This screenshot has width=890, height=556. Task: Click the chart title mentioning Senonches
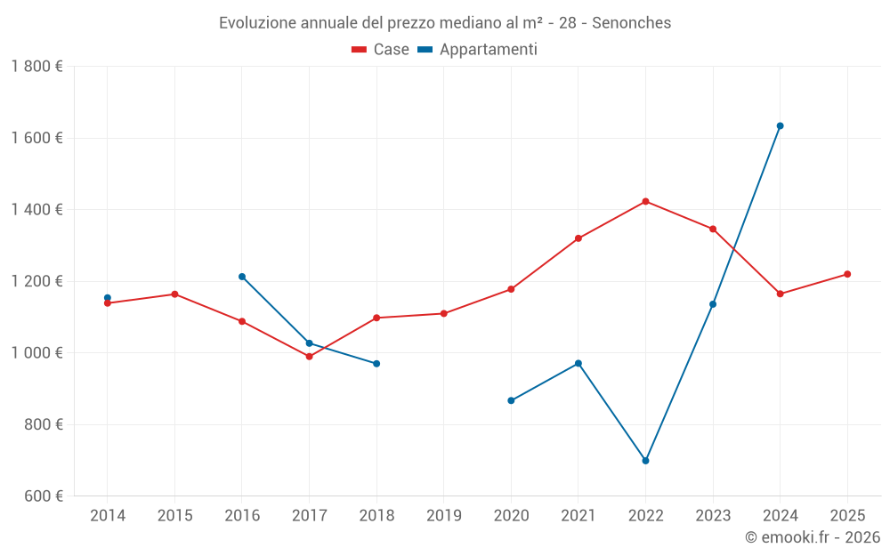click(445, 22)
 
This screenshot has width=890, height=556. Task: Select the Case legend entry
click(380, 50)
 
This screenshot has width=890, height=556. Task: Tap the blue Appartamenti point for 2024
click(780, 125)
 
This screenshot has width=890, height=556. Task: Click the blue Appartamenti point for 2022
click(645, 461)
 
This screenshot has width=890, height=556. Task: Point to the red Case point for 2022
click(645, 201)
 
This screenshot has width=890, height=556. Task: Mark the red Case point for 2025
click(847, 274)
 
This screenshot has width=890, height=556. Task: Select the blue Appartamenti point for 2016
click(242, 277)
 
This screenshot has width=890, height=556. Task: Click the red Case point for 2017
click(309, 357)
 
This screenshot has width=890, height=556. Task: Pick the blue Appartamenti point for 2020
click(511, 400)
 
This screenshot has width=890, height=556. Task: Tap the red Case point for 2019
click(443, 313)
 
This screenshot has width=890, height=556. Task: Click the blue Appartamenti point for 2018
click(376, 364)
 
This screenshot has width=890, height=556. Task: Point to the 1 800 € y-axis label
click(36, 67)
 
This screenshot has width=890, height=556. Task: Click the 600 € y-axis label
click(42, 496)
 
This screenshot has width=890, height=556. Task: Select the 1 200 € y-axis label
click(36, 281)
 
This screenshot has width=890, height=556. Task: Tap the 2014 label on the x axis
click(108, 516)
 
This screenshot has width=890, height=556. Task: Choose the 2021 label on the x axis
click(578, 516)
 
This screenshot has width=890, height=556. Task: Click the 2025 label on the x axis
click(847, 516)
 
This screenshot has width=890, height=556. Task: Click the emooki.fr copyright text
click(812, 537)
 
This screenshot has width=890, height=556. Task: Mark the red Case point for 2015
click(174, 294)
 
